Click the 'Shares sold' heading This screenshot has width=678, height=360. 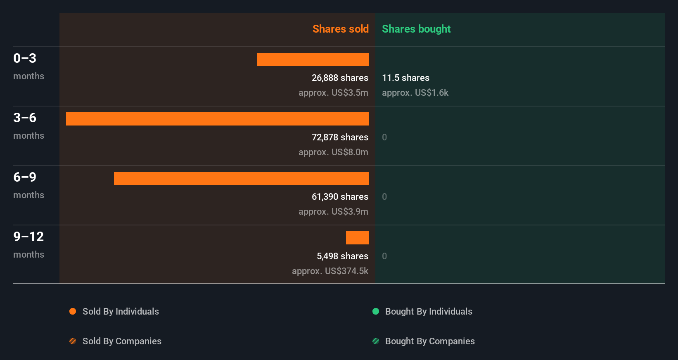point(340,29)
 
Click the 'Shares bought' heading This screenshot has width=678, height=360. point(416,29)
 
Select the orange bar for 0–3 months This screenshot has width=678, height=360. point(313,59)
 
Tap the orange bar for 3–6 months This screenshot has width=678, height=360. point(217,119)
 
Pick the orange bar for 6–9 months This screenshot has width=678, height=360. point(241,178)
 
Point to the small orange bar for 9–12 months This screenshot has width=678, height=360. point(357,238)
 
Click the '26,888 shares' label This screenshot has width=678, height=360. point(340,78)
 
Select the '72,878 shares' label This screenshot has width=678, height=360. point(340,137)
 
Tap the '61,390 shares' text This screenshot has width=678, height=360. point(340,197)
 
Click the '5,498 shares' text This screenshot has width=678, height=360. point(342,256)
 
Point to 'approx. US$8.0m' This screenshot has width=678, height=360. point(333,152)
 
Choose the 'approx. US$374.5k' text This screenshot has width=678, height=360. point(330,271)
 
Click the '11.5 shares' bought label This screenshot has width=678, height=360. point(405,78)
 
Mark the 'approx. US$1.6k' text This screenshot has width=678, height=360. point(415,92)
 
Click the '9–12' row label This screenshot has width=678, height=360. point(28,237)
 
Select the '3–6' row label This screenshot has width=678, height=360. point(25,118)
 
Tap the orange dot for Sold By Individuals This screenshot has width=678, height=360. point(73,311)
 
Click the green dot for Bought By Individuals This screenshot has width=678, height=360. point(376,311)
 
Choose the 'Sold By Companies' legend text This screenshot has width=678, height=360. point(122,341)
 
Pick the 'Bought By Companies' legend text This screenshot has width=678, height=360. point(430,341)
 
